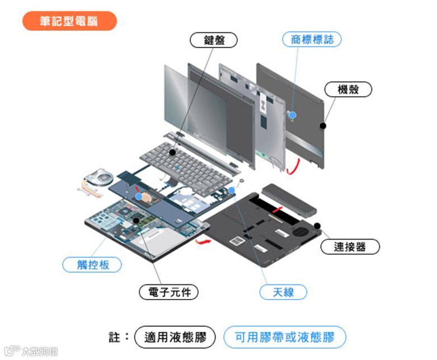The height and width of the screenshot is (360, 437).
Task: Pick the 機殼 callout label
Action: pyautogui.click(x=347, y=89)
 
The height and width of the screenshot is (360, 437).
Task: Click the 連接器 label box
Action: pyautogui.click(x=350, y=246)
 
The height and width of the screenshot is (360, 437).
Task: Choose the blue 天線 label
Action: pyautogui.click(x=284, y=292)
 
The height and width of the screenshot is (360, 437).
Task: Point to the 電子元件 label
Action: pyautogui.click(x=168, y=292)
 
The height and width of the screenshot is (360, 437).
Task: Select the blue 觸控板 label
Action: pyautogui.click(x=92, y=264)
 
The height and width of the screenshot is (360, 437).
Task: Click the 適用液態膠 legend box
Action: pyautogui.click(x=175, y=338)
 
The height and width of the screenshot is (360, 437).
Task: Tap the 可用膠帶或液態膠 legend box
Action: pyautogui.click(x=284, y=338)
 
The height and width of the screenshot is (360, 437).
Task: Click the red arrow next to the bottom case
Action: pyautogui.click(x=203, y=241)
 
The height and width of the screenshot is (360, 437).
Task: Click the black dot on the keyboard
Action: pyautogui.click(x=173, y=152)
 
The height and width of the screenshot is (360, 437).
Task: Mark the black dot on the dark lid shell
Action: pyautogui.click(x=322, y=125)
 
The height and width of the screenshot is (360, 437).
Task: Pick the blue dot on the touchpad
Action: pyautogui.click(x=139, y=197)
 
